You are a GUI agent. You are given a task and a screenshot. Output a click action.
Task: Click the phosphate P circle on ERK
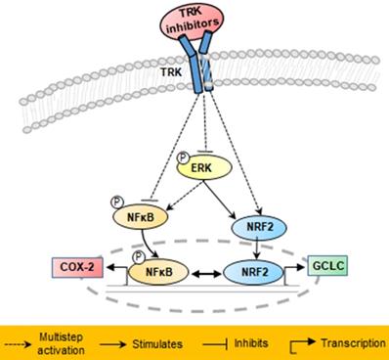183,157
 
